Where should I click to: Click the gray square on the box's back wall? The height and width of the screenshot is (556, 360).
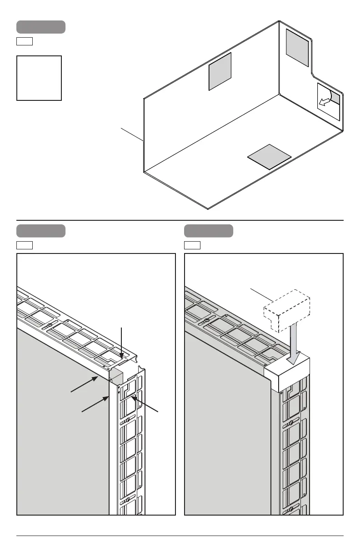pyautogui.click(x=220, y=71)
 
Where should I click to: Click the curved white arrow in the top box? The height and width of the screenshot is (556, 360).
pyautogui.click(x=327, y=100)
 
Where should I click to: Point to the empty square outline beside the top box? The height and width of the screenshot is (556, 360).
pyautogui.click(x=39, y=78)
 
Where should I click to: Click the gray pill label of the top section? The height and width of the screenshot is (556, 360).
pyautogui.click(x=41, y=27)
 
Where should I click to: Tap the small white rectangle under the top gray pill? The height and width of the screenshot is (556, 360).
pyautogui.click(x=25, y=42)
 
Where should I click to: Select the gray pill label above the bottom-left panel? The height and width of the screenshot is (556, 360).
pyautogui.click(x=41, y=231)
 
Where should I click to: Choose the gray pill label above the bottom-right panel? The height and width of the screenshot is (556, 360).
pyautogui.click(x=209, y=231)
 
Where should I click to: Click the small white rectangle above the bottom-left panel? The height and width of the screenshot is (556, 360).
pyautogui.click(x=25, y=246)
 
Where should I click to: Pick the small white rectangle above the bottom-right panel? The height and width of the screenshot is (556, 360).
pyautogui.click(x=192, y=246)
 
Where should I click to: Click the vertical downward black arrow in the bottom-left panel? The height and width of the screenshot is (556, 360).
pyautogui.click(x=121, y=345)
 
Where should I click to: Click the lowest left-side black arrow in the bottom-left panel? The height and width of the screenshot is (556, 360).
pyautogui.click(x=95, y=405)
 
